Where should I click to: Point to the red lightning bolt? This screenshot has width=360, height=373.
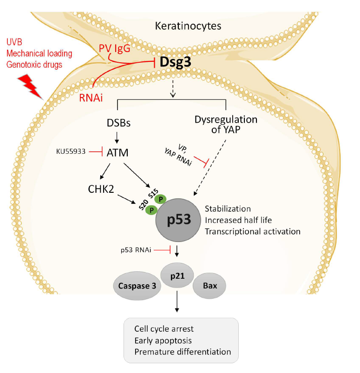tap(30, 87)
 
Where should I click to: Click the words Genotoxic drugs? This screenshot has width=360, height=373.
tap(34, 65)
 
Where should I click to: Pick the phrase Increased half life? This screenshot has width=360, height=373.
tap(237, 220)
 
